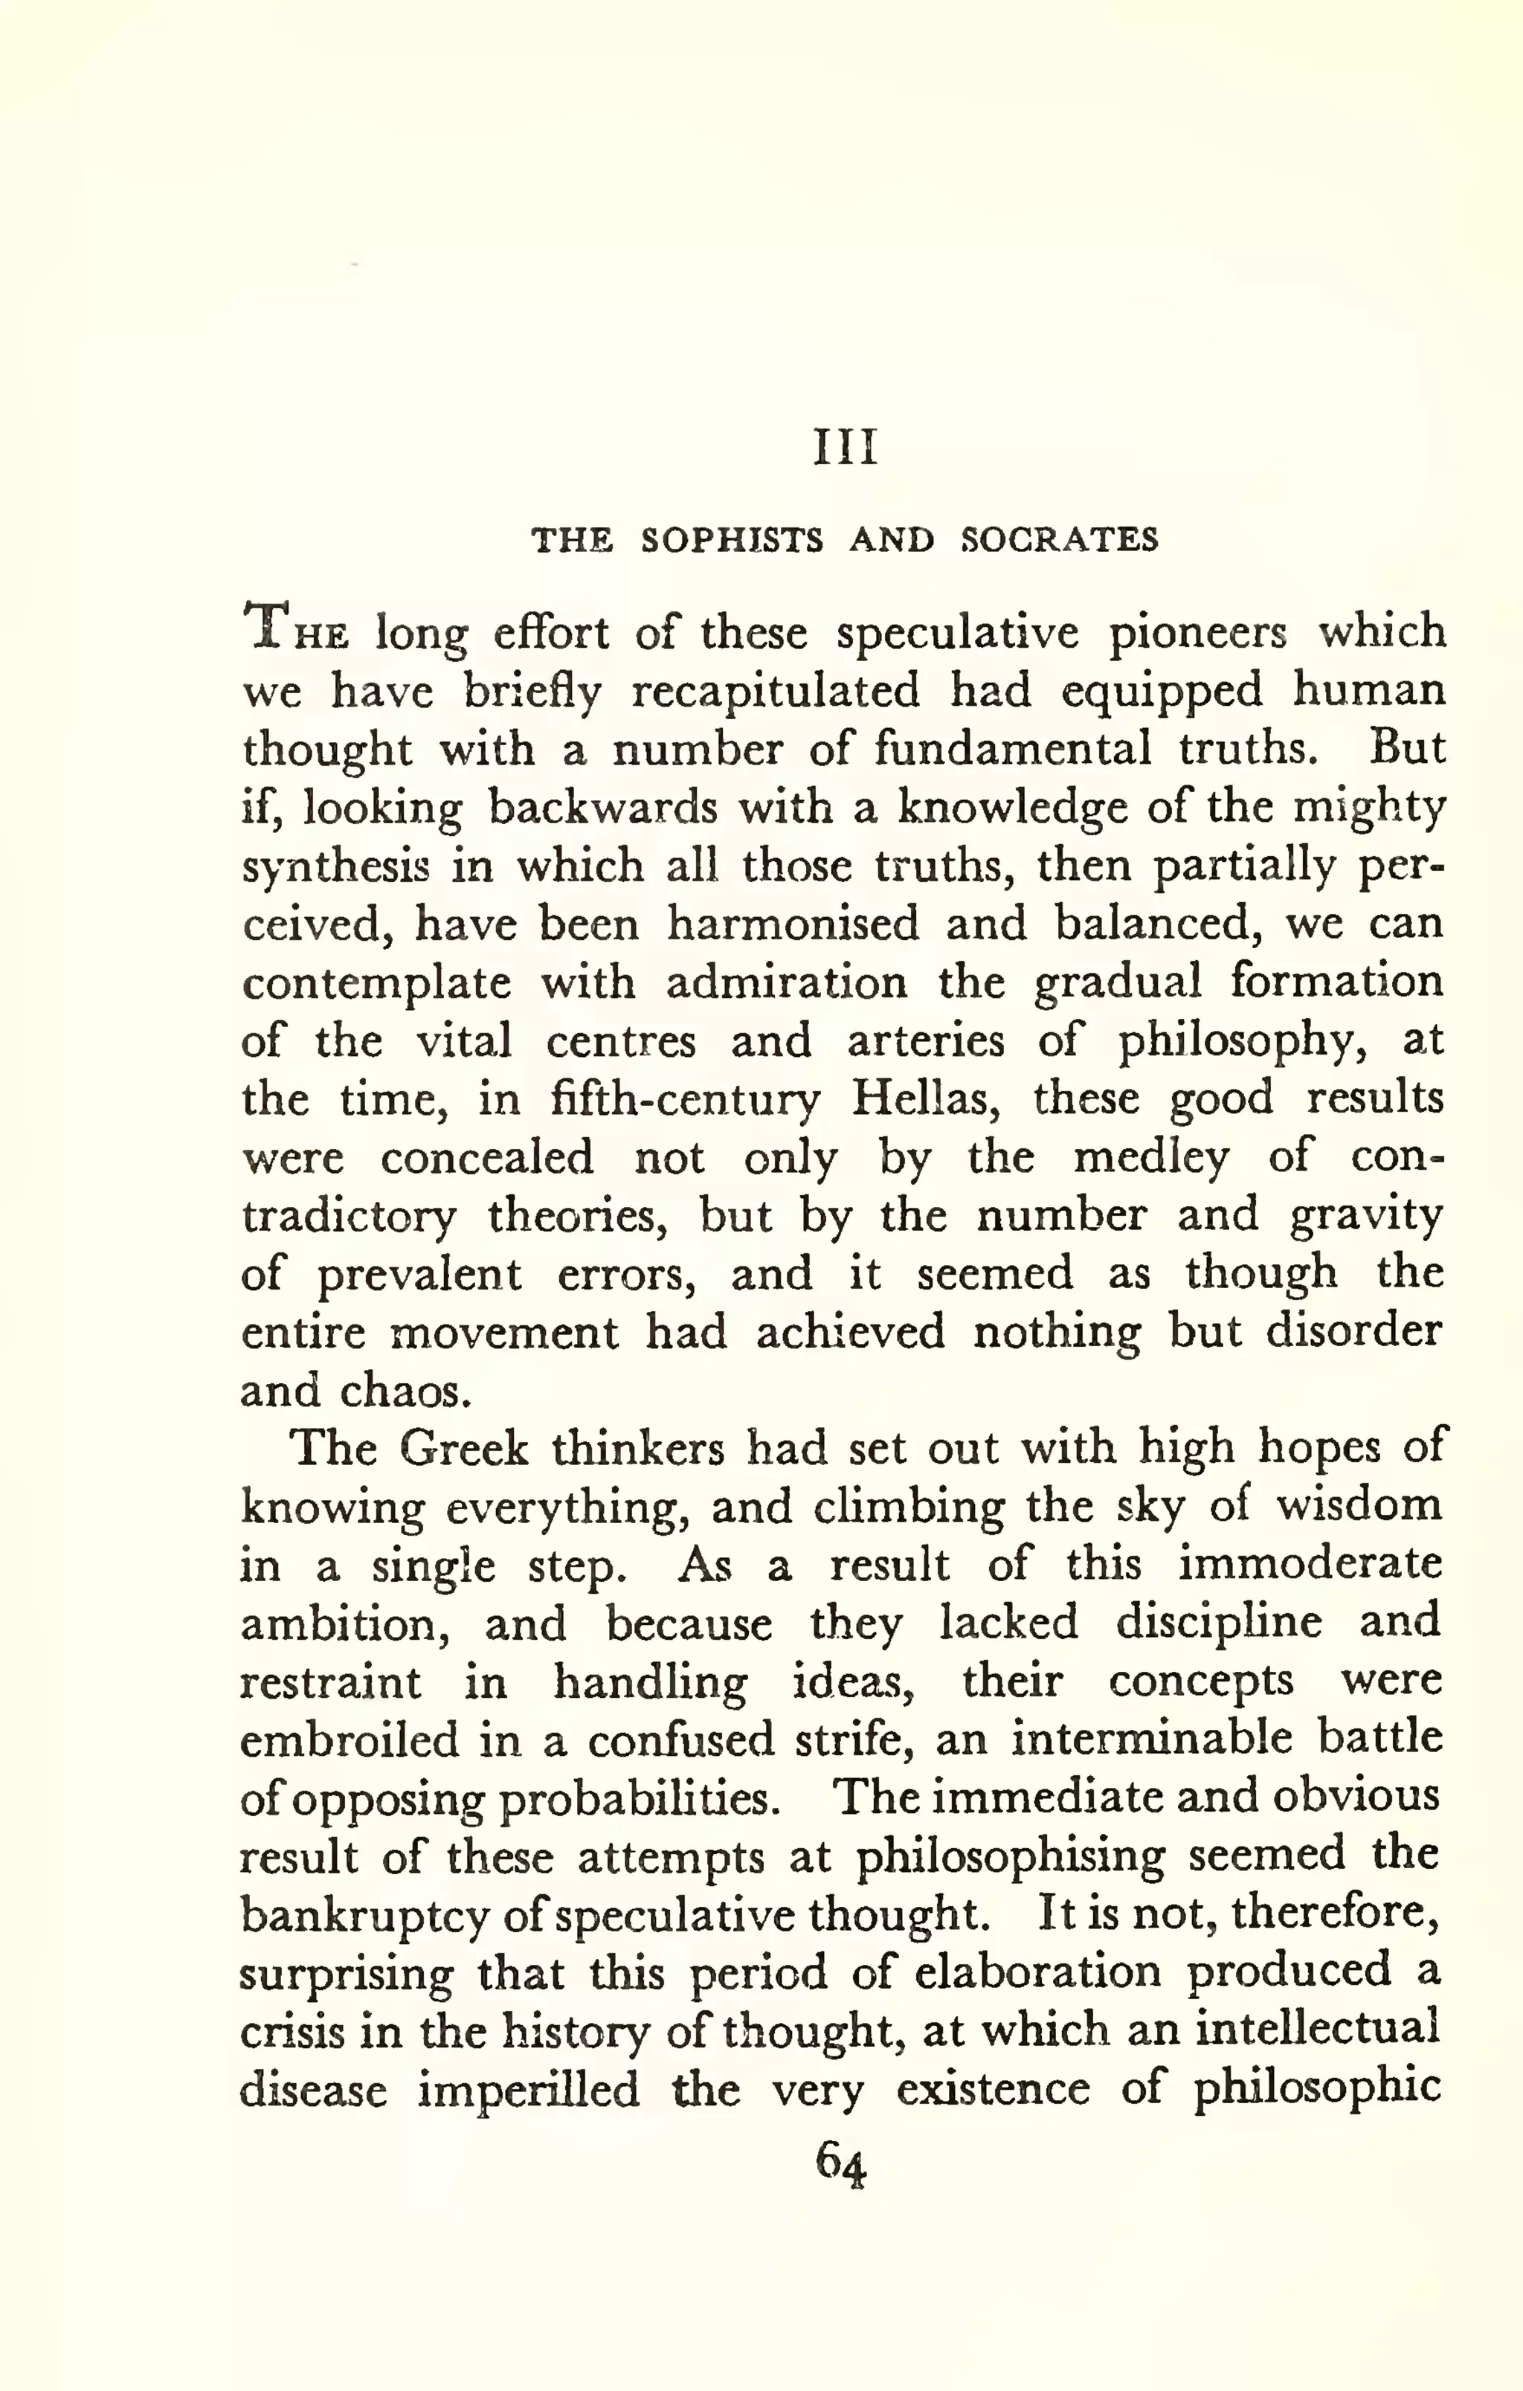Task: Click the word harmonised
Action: pyautogui.click(x=792, y=924)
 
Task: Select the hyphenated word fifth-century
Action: pyautogui.click(x=685, y=1100)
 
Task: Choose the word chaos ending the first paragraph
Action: pyautogui.click(x=403, y=1391)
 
